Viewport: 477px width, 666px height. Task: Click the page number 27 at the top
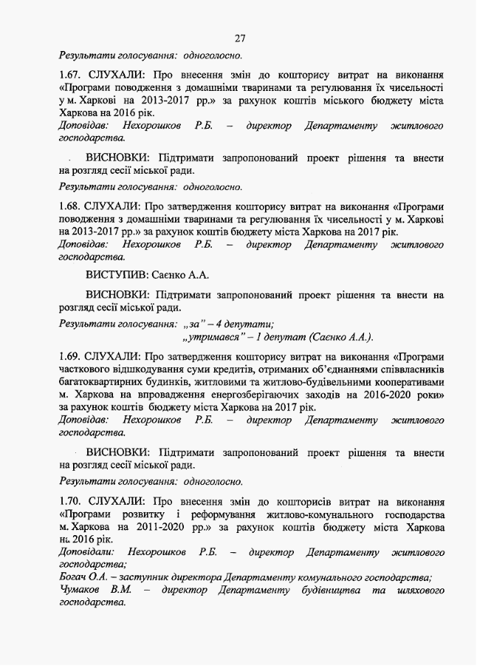[239, 38]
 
